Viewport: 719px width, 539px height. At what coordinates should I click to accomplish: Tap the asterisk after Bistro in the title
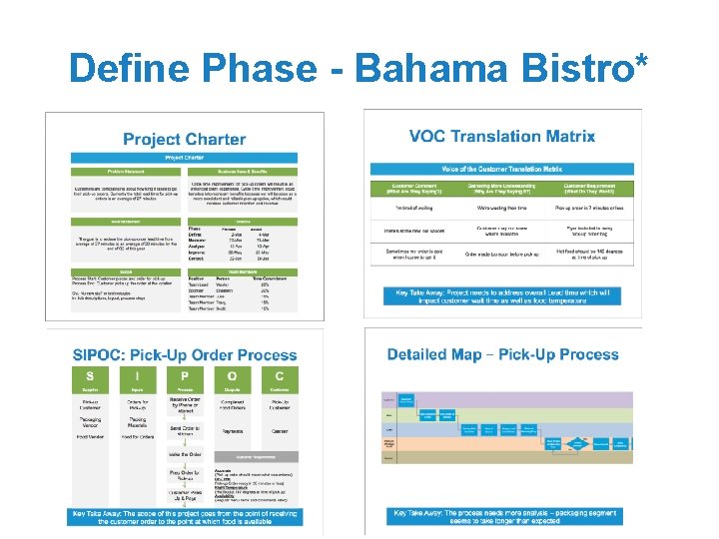tap(640, 62)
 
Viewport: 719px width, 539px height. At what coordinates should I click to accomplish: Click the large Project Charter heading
tap(184, 139)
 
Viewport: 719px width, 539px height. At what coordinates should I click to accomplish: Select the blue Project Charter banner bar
tap(184, 158)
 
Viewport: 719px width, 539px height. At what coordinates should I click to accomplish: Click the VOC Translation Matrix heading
tap(502, 136)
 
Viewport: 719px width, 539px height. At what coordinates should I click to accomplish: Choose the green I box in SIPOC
tap(137, 377)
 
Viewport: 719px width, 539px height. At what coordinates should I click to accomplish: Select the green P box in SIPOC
tap(185, 377)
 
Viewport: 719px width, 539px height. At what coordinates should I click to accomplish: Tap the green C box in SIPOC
tap(279, 377)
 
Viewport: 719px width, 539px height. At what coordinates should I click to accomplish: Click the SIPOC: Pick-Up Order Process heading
tap(185, 354)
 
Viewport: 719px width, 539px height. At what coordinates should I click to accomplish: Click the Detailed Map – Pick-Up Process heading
tap(502, 354)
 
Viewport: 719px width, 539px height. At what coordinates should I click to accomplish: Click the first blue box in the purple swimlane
tap(407, 399)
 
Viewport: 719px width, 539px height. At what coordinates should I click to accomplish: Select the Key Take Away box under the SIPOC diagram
tap(184, 517)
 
